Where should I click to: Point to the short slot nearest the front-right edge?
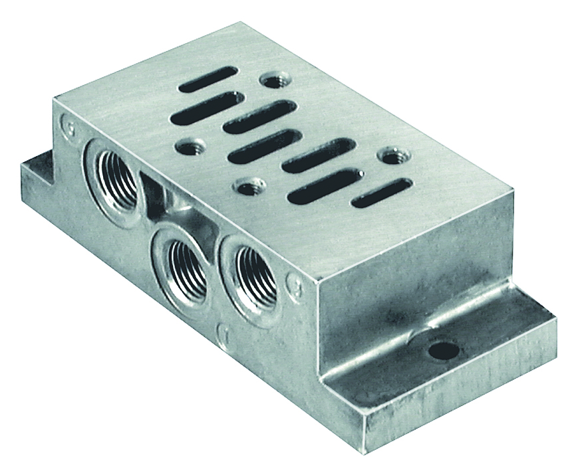381,193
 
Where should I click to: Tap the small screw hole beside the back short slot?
272,81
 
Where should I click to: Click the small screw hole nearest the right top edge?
390,156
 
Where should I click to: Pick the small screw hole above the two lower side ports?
249,187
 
